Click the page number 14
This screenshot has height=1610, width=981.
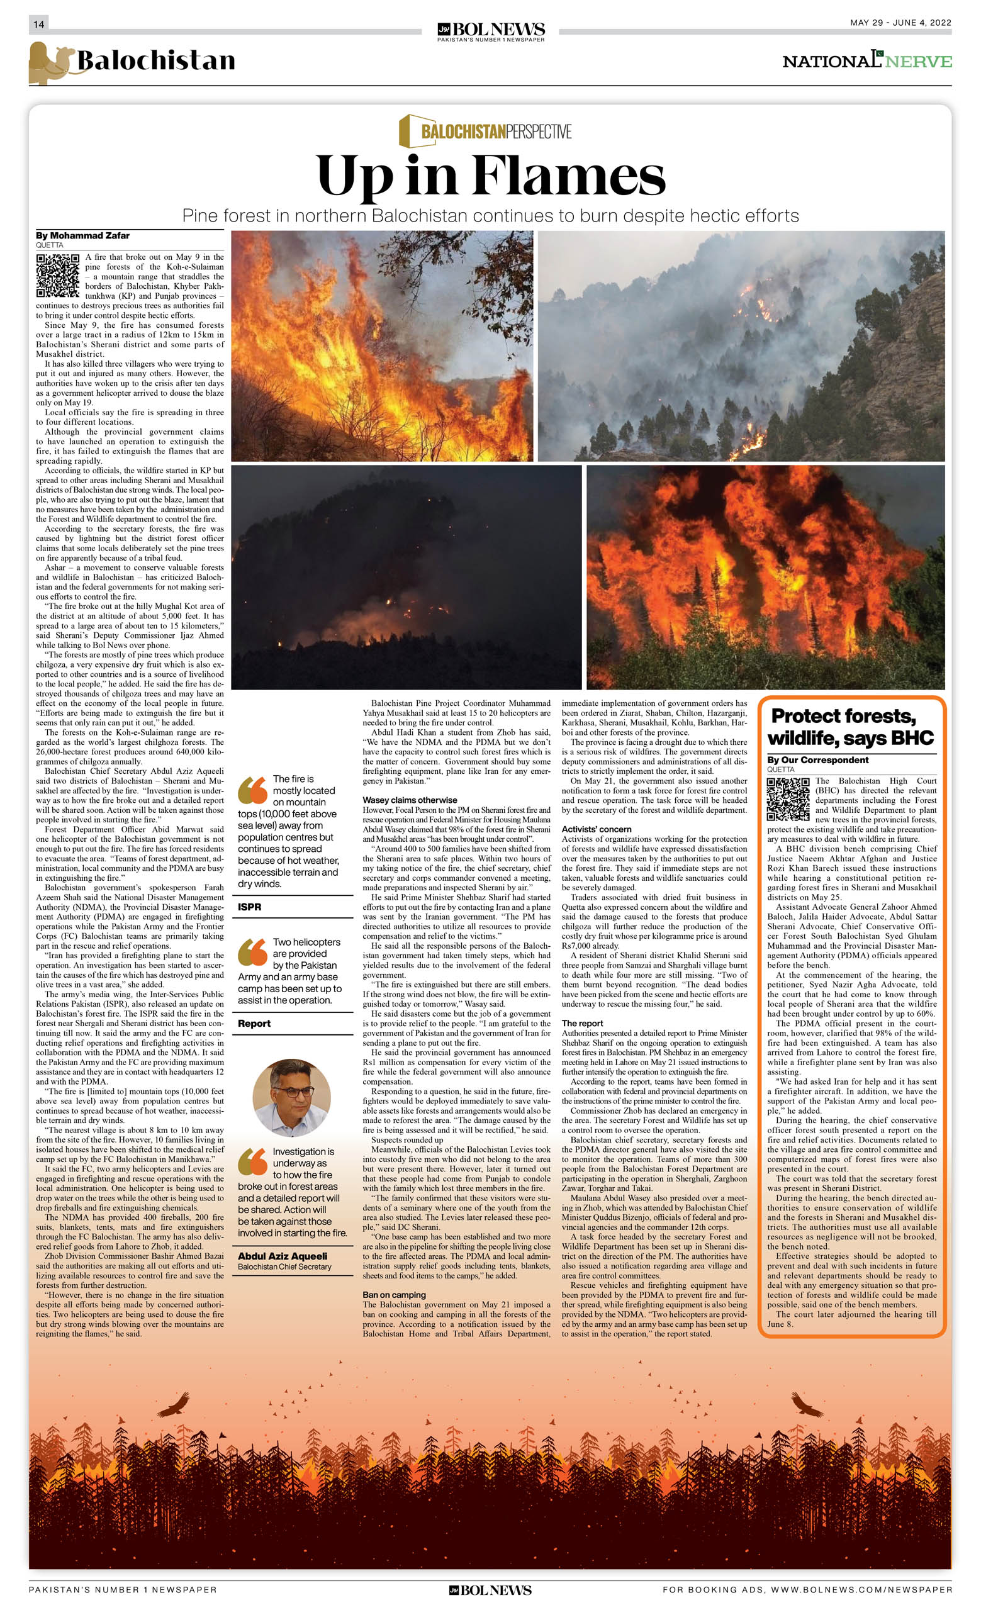click(38, 24)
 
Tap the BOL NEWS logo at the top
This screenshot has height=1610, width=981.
click(491, 31)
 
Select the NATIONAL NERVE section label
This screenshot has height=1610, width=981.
click(866, 61)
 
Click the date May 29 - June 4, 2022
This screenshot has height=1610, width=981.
click(900, 23)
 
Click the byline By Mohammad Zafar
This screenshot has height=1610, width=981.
click(82, 236)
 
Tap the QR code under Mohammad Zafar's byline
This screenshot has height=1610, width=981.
click(57, 276)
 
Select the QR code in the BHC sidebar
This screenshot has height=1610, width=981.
click(788, 798)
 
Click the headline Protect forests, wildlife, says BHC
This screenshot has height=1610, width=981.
click(850, 727)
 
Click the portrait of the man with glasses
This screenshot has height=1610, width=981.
click(291, 1098)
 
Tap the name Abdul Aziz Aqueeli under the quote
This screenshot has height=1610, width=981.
click(283, 1256)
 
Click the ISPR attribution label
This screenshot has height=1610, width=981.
click(250, 907)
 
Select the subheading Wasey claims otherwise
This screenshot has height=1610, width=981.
click(410, 800)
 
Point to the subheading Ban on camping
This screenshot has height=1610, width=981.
click(394, 1294)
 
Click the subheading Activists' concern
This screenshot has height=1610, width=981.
click(596, 829)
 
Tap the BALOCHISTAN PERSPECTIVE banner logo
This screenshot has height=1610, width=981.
click(486, 131)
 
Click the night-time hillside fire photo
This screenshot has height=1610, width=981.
click(406, 577)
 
